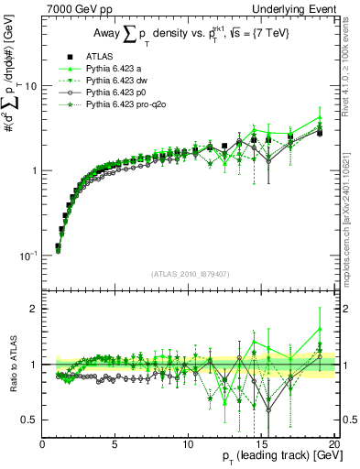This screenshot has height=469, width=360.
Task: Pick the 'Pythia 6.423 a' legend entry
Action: coord(114,69)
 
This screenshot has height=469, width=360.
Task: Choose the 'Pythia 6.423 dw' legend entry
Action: coord(116,81)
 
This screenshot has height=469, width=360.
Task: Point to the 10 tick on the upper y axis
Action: coord(30,85)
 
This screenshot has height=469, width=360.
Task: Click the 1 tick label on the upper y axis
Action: coord(34,170)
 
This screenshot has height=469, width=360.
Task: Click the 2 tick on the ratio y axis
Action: coord(34,309)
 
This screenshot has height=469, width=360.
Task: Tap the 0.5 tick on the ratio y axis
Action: coord(30,420)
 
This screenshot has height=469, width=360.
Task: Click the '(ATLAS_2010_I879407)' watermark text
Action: coord(189,273)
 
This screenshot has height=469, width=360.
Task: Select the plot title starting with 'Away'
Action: coord(189,35)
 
